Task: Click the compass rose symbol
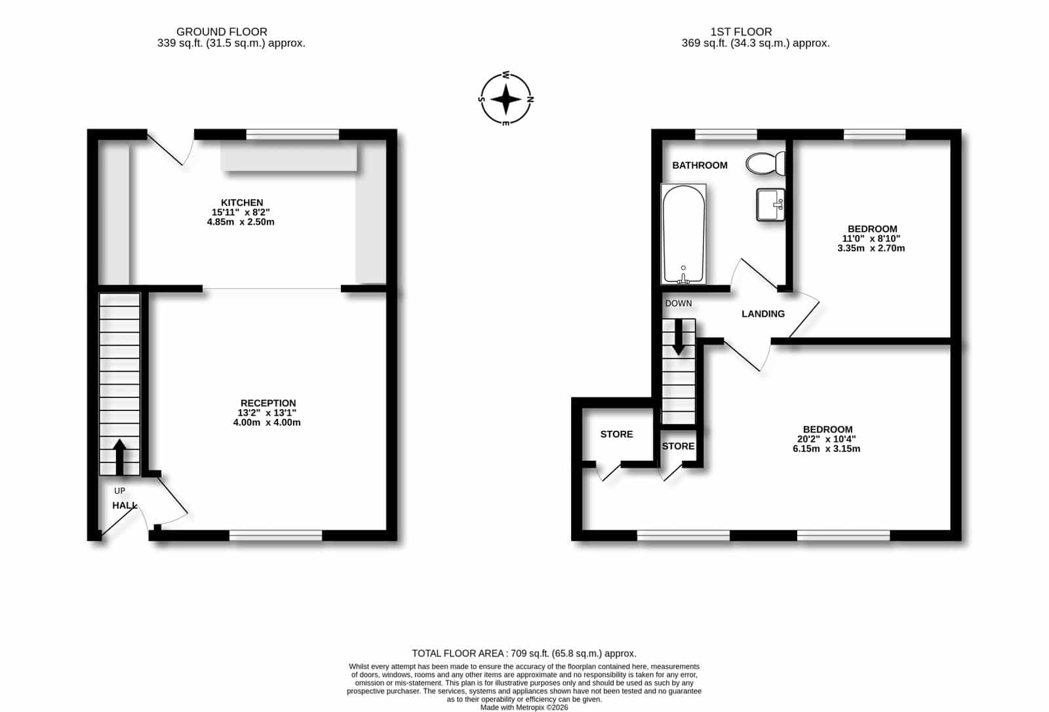[505, 99]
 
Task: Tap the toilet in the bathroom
[765, 163]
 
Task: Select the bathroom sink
[770, 205]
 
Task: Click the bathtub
[683, 234]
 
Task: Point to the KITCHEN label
[242, 203]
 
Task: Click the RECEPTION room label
[268, 403]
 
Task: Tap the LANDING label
[763, 314]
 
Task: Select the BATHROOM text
[700, 165]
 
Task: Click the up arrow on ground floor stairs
[119, 457]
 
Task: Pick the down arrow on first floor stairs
[678, 337]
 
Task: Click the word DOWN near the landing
[678, 304]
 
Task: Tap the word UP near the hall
[119, 490]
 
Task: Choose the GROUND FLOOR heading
[222, 32]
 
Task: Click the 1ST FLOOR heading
[741, 32]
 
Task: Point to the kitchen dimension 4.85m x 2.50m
[241, 222]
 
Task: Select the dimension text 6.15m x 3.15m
[826, 448]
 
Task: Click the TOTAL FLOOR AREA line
[524, 654]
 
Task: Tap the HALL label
[125, 505]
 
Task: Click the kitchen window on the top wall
[292, 134]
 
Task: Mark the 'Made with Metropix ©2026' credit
[524, 707]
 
